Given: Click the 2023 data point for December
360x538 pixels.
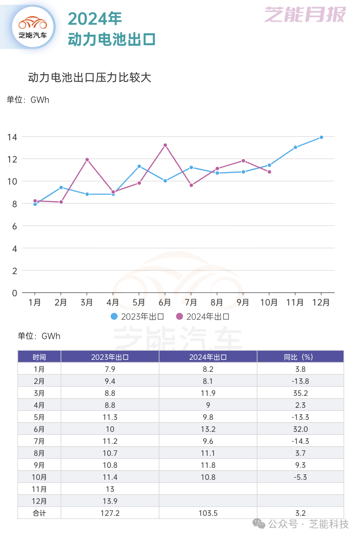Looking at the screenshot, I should pos(321,137).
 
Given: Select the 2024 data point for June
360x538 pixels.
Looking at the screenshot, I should pos(165,145).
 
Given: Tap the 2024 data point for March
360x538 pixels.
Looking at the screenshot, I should pos(87,160).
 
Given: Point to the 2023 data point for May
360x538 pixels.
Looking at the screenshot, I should pos(139,166).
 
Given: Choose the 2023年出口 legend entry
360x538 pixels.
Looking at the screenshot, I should pos(138,317).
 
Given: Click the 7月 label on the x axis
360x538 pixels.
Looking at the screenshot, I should pos(191,303).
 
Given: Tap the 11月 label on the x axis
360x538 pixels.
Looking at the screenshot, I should pos(295,303).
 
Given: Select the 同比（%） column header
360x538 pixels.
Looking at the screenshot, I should pos(300,357).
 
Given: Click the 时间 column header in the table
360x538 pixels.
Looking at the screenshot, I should pos(39,357).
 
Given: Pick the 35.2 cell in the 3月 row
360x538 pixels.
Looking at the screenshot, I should pos(300,393).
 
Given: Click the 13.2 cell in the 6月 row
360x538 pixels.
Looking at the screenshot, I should pos(208,429).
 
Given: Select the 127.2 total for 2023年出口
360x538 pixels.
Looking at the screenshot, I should pos(110,513).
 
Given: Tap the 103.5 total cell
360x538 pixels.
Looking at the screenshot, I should pos(208,513).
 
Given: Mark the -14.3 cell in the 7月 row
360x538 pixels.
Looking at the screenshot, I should pos(300,441).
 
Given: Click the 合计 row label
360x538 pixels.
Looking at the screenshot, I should pos(39,513).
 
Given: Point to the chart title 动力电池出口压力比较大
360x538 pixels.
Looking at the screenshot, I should pos(90,78).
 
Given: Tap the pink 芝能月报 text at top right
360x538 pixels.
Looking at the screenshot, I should pos(305,15).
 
